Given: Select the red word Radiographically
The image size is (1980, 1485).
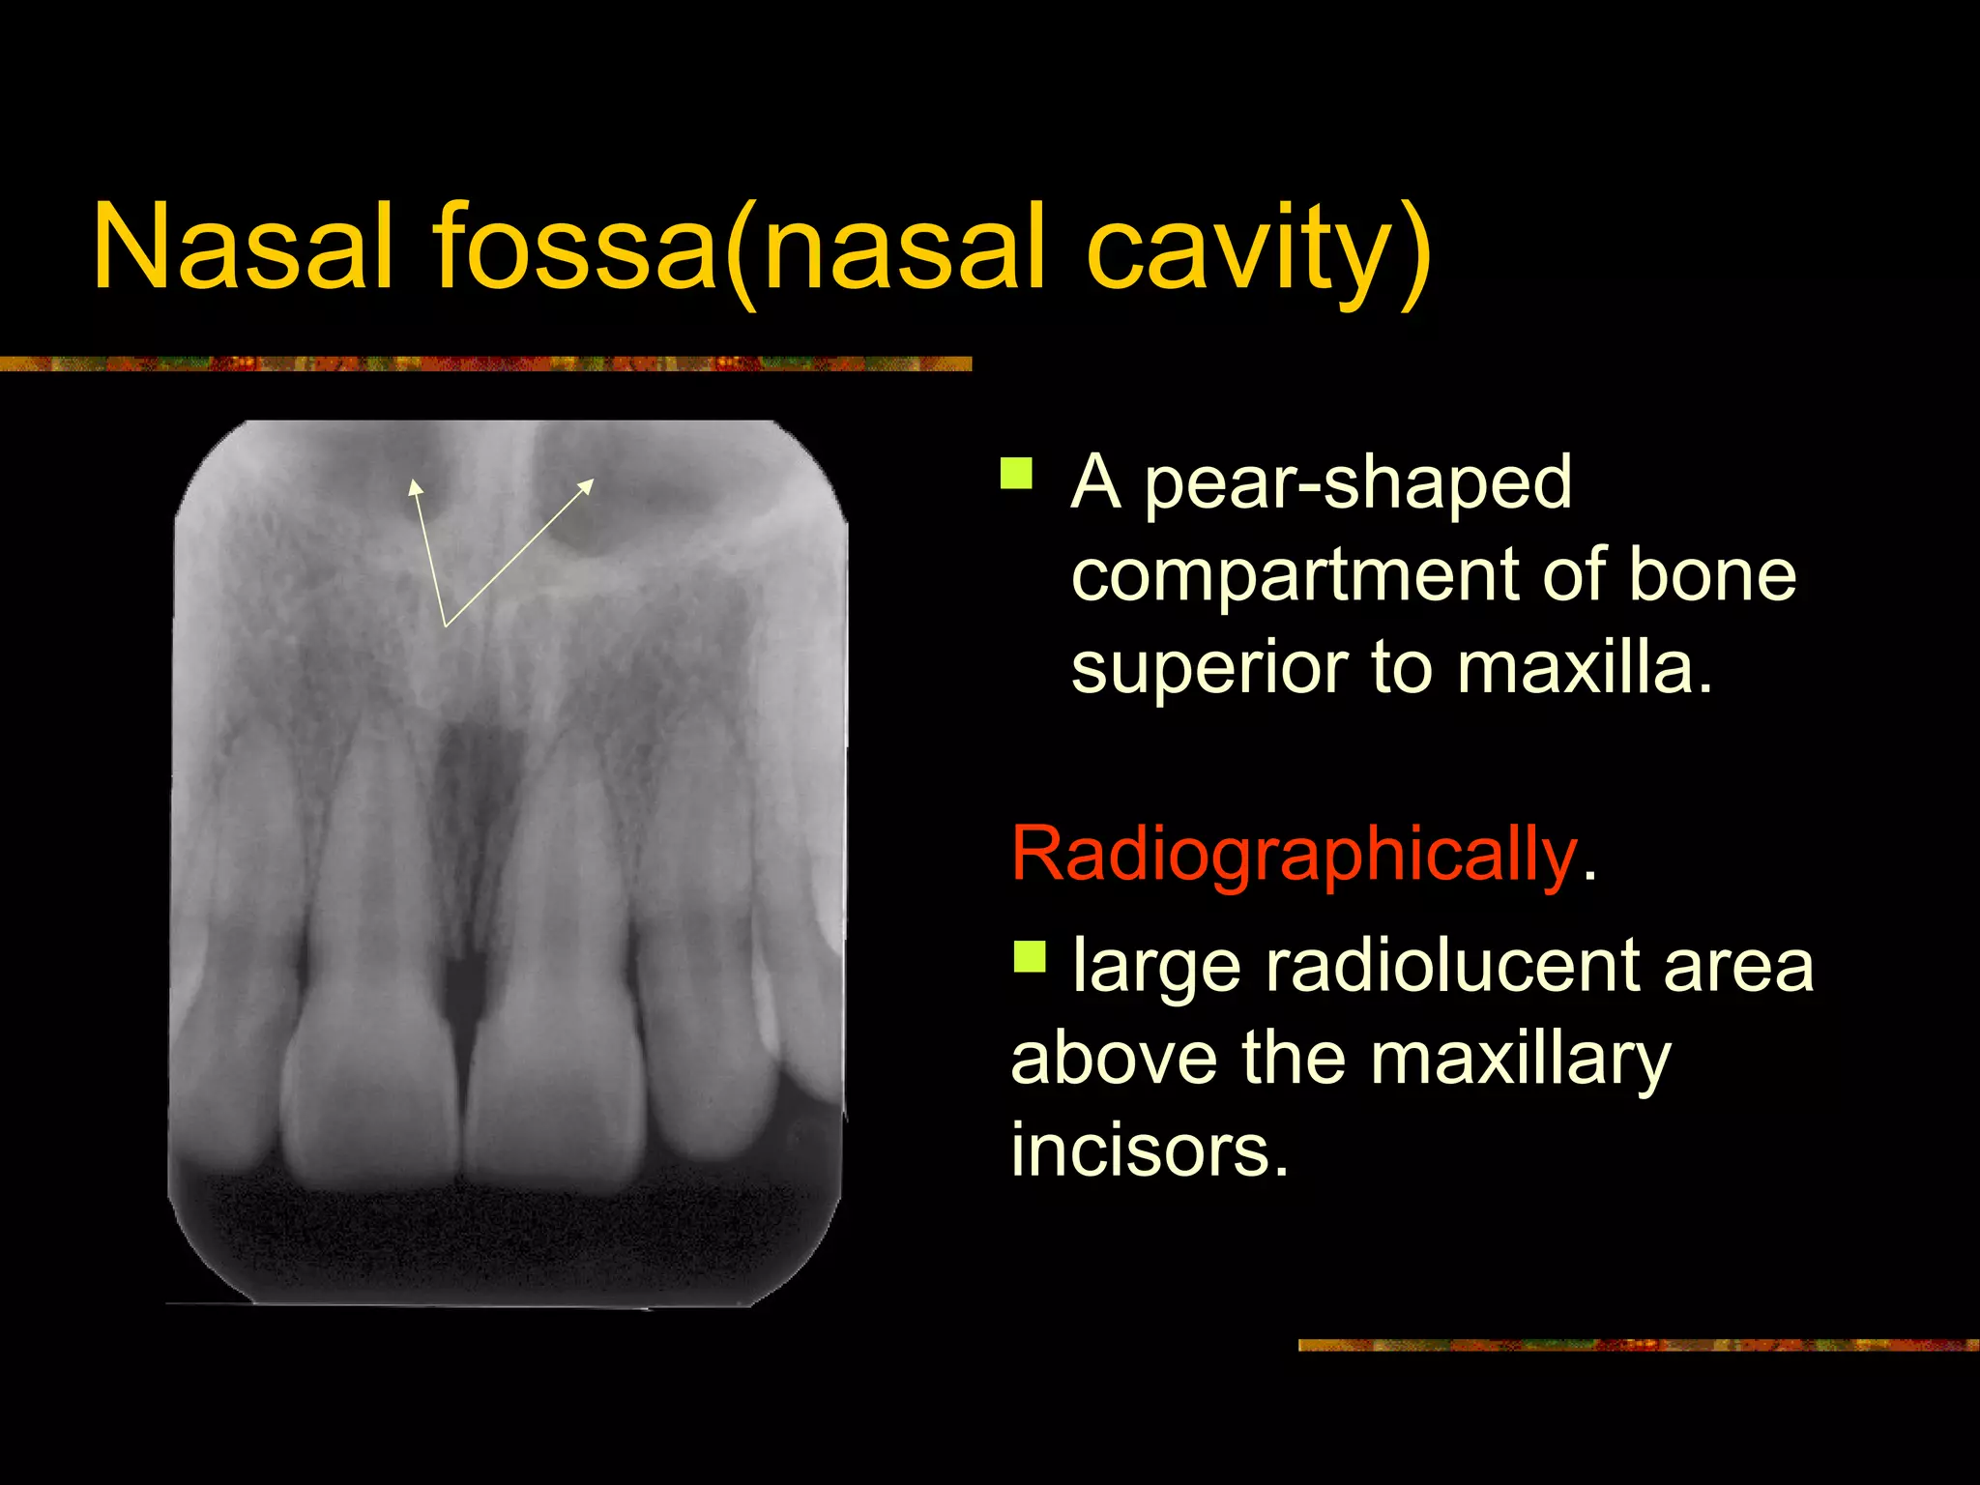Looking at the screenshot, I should (1294, 855).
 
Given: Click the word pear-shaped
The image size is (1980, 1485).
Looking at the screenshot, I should (1357, 483).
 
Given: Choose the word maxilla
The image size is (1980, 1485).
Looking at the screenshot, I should (1586, 667).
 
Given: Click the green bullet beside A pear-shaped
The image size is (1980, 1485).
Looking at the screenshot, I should (1016, 474).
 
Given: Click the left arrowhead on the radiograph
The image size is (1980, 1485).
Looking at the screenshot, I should (415, 486).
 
